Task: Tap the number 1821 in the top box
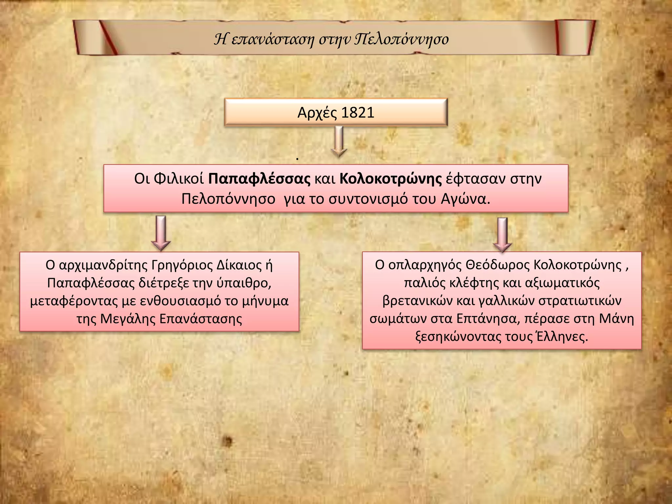[358, 113]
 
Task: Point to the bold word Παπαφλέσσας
[259, 179]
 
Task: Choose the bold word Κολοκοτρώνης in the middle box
[391, 179]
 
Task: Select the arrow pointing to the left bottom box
[161, 233]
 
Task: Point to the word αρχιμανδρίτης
[103, 265]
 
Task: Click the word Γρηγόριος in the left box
[182, 265]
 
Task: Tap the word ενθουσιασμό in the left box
[180, 301]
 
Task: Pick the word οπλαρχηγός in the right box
[425, 265]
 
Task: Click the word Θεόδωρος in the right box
[498, 265]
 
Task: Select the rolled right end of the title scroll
[575, 37]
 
